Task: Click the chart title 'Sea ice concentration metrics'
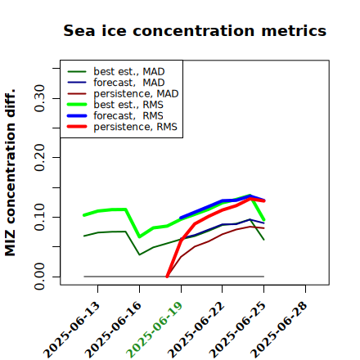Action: pos(195,30)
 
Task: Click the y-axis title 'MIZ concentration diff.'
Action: pos(10,173)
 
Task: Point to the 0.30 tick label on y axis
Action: pos(40,98)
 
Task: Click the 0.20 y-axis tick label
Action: pos(40,157)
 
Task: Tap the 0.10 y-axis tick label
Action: pos(40,217)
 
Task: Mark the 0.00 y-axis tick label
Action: pos(40,277)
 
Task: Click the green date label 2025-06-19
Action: pos(155,330)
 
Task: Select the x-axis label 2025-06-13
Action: pos(71,330)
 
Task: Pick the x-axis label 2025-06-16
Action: pos(113,330)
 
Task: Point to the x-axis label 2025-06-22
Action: pos(196,330)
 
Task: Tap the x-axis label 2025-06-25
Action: pos(237,330)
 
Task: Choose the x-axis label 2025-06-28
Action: pos(279,330)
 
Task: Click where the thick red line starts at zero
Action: pos(167,277)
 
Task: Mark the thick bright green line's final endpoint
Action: pos(263,219)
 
